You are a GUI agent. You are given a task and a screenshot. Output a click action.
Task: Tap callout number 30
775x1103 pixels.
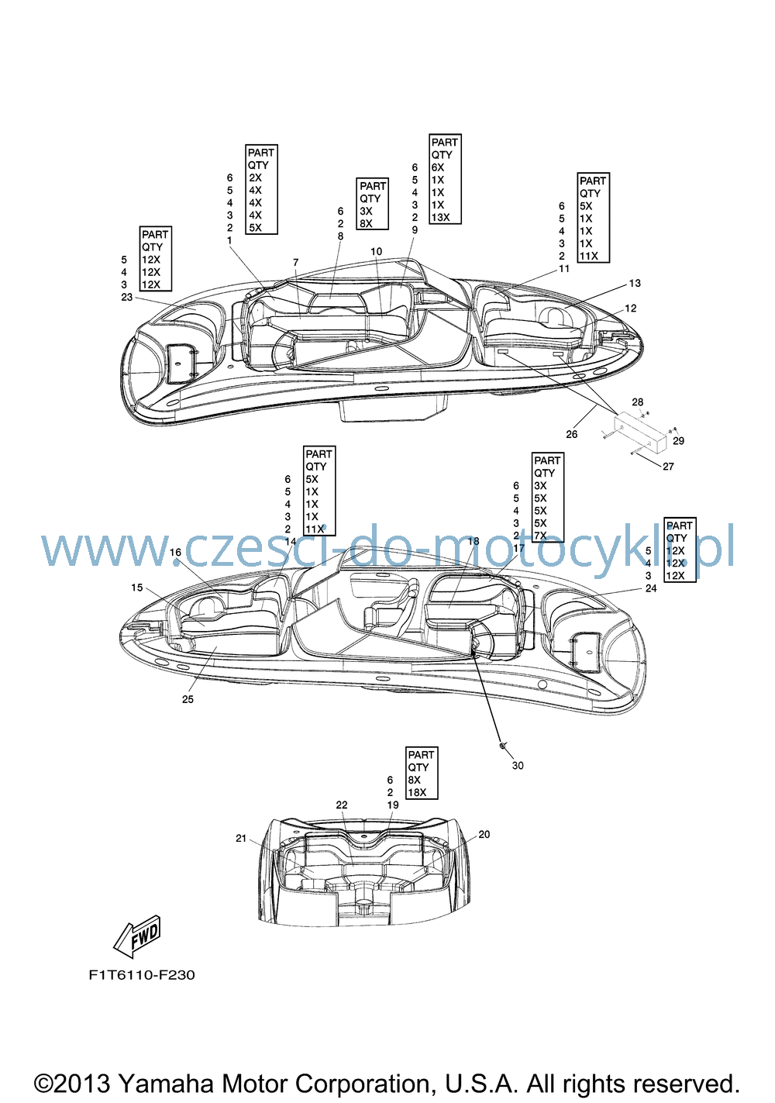pyautogui.click(x=518, y=765)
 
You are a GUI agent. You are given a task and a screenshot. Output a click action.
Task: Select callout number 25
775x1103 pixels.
pyautogui.click(x=188, y=699)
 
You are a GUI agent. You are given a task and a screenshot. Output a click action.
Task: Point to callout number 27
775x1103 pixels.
pyautogui.click(x=668, y=467)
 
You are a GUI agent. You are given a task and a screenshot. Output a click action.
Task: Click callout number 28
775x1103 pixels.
pyautogui.click(x=637, y=402)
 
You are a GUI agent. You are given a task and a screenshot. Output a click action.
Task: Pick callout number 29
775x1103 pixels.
pyautogui.click(x=678, y=441)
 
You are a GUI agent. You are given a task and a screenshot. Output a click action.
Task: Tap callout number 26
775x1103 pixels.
pyautogui.click(x=571, y=434)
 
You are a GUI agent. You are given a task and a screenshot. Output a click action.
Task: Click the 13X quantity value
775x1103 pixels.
pyautogui.click(x=441, y=217)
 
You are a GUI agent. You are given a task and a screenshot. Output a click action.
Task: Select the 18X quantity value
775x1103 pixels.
pyautogui.click(x=417, y=792)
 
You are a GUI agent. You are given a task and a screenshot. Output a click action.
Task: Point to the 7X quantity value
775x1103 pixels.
pyautogui.click(x=540, y=536)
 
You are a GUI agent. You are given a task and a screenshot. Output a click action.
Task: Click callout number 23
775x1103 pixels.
pyautogui.click(x=127, y=297)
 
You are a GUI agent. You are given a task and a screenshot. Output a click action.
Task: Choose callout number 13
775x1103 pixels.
pyautogui.click(x=635, y=283)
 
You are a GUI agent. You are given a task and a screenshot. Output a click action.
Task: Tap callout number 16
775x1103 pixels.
pyautogui.click(x=175, y=552)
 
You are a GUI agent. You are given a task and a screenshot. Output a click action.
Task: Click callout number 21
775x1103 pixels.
pyautogui.click(x=241, y=838)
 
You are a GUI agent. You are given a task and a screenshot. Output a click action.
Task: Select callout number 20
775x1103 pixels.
pyautogui.click(x=484, y=834)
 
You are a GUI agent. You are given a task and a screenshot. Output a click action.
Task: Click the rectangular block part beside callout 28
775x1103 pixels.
pyautogui.click(x=640, y=432)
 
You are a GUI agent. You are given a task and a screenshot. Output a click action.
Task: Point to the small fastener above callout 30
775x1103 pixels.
pyautogui.click(x=501, y=746)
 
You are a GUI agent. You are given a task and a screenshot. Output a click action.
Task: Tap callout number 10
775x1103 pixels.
pyautogui.click(x=376, y=252)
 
